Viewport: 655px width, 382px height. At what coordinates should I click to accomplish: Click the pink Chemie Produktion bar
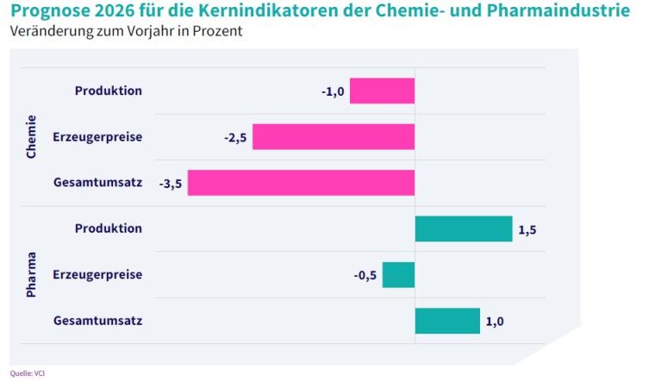click(x=382, y=91)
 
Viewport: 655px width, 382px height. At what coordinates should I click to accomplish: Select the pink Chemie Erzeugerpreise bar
click(x=334, y=137)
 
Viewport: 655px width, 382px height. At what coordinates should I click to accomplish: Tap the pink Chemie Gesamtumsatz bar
click(x=301, y=183)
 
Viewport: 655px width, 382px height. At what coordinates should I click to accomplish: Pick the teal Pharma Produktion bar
click(x=463, y=229)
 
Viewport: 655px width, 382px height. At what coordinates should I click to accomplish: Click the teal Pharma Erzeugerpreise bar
click(x=398, y=275)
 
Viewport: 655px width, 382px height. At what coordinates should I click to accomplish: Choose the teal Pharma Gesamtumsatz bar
click(x=447, y=321)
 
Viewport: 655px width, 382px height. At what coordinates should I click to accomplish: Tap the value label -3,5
click(x=170, y=184)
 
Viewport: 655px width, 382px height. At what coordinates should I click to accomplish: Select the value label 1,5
click(x=527, y=229)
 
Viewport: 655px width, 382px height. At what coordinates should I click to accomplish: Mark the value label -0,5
click(x=365, y=276)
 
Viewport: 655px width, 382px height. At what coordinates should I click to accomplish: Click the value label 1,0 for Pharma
click(x=495, y=322)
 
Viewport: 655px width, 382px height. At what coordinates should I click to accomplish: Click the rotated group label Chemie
click(x=32, y=136)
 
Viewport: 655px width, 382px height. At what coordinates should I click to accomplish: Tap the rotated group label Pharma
click(x=32, y=275)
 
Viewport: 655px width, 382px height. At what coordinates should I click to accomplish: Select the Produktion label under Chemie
click(x=109, y=91)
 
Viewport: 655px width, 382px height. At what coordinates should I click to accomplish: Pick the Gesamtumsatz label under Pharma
click(x=97, y=321)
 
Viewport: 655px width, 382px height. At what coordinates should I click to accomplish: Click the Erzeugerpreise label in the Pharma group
click(x=97, y=275)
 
